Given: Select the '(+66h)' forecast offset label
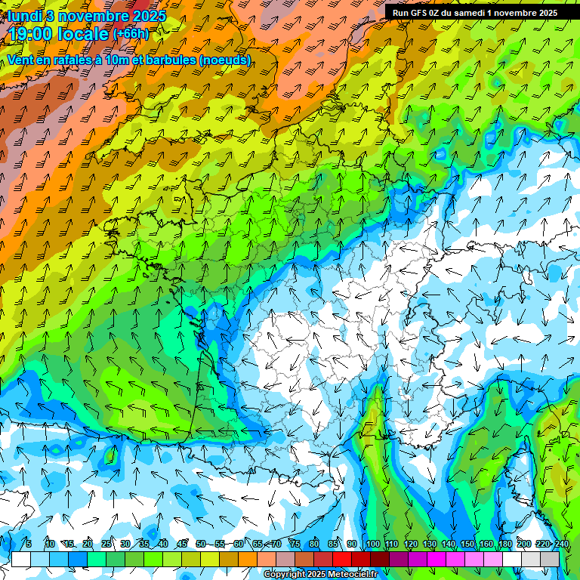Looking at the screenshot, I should pos(131,33).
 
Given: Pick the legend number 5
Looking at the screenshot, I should pos(29,544).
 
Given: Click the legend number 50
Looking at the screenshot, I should pos(200,544).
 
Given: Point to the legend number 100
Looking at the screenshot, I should pos(372,544).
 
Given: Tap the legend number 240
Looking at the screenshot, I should pos(562,544).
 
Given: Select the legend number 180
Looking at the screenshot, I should pos(505,544).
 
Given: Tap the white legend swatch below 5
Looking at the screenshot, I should pos(21,559).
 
